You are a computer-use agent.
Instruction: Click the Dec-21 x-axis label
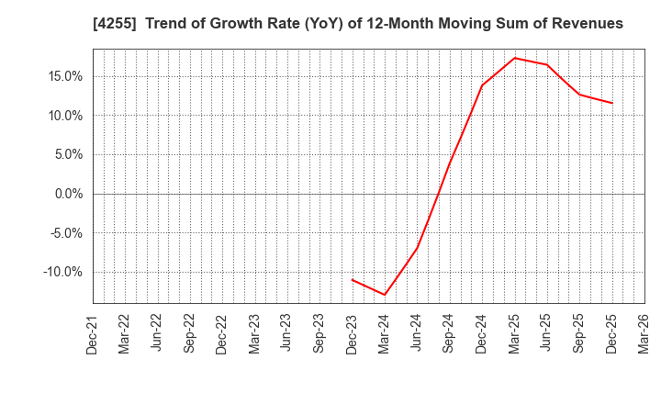(x=93, y=334)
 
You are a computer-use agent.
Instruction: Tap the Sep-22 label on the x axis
(x=190, y=334)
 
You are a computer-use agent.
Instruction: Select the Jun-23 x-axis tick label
(x=287, y=334)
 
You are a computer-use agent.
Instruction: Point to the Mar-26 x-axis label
(x=644, y=334)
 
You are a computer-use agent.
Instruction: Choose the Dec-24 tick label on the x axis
(x=482, y=334)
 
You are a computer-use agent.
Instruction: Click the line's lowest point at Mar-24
(x=385, y=295)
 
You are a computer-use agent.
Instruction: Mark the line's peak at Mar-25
(x=515, y=58)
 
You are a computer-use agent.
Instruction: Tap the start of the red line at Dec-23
(x=353, y=279)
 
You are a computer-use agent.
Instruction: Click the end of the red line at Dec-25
(x=612, y=103)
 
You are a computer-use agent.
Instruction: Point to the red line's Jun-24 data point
(x=417, y=248)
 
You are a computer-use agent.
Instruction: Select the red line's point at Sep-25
(x=579, y=95)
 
